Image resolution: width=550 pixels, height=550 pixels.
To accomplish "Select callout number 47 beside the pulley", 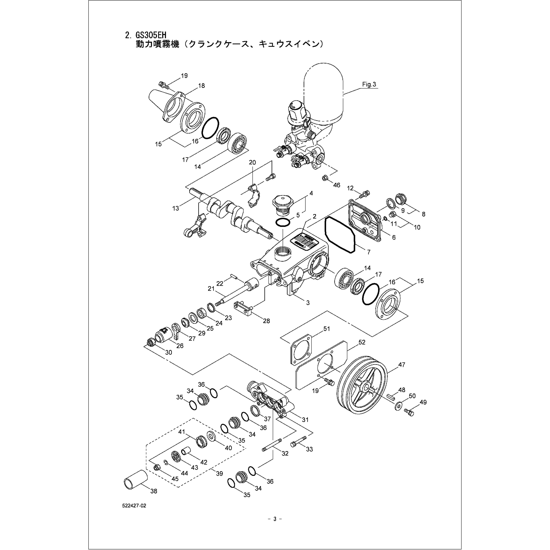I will [x=401, y=365].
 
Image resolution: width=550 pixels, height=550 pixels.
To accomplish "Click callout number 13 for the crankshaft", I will [x=176, y=208].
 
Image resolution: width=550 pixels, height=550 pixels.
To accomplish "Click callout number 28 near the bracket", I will [x=266, y=321].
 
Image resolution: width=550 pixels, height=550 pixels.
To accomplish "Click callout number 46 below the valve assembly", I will [x=336, y=185].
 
